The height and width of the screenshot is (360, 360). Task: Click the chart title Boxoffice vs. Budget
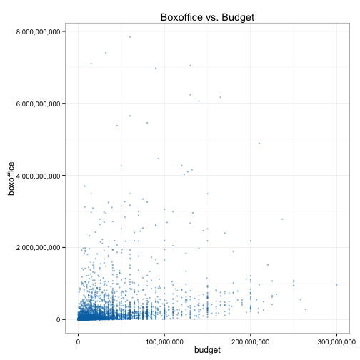coord(207,17)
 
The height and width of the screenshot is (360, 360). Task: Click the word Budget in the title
coord(238,17)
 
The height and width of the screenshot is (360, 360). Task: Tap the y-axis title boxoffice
coord(11,179)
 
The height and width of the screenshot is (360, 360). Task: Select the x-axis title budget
coord(207,350)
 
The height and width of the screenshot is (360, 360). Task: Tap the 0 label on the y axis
coord(58,320)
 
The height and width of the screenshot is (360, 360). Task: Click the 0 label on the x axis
coord(78,342)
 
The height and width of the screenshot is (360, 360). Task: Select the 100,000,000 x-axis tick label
coord(164,342)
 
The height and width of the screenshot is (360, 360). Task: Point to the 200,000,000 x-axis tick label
coord(251,342)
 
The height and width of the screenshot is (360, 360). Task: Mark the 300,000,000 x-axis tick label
coord(336,342)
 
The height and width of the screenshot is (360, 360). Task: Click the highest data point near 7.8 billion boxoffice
coord(130,37)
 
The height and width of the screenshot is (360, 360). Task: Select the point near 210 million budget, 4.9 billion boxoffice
coord(259,144)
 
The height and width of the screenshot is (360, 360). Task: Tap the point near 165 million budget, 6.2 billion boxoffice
coord(220,97)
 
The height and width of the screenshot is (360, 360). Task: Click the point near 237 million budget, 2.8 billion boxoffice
coord(282,219)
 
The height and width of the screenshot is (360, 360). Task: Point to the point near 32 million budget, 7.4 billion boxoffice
coord(106,53)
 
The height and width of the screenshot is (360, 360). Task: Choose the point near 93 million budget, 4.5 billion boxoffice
coord(159,159)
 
